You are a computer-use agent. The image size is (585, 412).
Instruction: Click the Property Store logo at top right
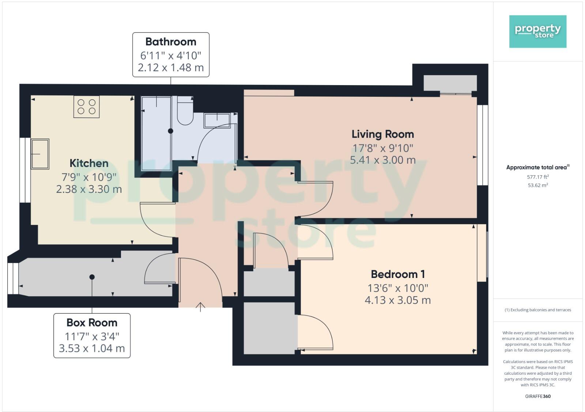tap(537, 31)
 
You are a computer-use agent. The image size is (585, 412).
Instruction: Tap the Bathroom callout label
tap(171, 54)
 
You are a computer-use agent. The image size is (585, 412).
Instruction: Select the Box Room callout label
tap(92, 335)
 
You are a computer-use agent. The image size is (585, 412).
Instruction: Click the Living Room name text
tap(382, 134)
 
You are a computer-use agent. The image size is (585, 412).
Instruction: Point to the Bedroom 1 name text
tap(397, 274)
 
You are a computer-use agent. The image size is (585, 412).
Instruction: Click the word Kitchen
tap(89, 163)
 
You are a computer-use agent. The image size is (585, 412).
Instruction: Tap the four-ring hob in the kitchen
tap(86, 107)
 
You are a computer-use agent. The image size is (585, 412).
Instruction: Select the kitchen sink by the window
tap(40, 154)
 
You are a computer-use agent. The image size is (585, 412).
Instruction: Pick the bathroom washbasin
tap(217, 120)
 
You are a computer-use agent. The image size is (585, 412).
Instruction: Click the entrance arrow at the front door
tap(200, 307)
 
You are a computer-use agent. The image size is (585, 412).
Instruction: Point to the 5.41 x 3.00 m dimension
tap(382, 160)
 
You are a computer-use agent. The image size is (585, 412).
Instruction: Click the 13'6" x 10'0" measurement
tap(397, 288)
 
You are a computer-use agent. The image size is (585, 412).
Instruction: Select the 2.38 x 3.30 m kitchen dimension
tap(89, 189)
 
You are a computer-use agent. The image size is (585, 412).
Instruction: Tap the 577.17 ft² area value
tap(537, 177)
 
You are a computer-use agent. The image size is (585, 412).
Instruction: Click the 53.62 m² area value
tap(537, 185)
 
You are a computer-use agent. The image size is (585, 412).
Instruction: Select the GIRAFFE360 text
tap(537, 396)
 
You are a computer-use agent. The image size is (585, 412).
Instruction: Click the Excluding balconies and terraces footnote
tap(537, 310)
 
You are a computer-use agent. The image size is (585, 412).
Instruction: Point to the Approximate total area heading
tap(537, 167)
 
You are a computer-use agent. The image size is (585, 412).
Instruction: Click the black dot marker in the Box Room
tap(92, 277)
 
